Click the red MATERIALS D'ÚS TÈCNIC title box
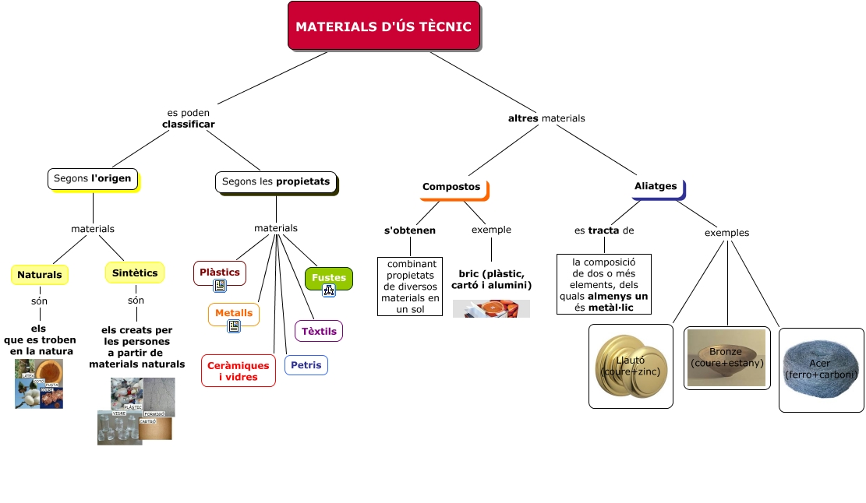coord(384,26)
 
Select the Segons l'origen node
coord(93,179)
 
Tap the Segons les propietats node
coord(276,181)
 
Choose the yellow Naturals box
coord(40,275)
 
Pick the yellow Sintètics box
coord(135,273)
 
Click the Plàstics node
coord(220,273)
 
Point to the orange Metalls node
coord(234,313)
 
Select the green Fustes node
coord(328,277)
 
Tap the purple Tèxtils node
coord(319,331)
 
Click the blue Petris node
coord(306,364)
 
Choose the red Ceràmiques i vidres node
coord(239,371)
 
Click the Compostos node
coord(452,187)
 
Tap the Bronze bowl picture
coord(726,358)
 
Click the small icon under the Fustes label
coord(328,290)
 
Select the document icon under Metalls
coord(234,326)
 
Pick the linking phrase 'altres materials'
coord(546,118)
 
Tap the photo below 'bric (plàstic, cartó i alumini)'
coord(491,308)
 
